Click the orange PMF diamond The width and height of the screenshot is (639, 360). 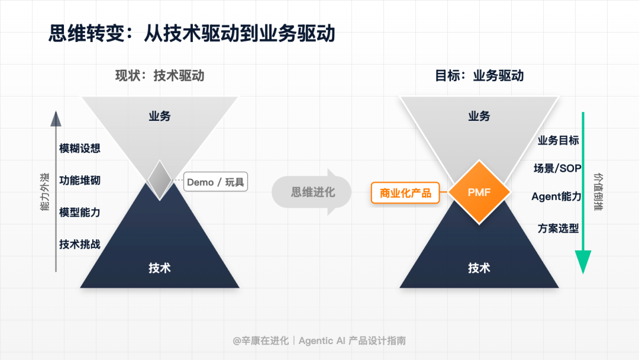point(479,192)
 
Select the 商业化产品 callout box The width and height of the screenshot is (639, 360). point(405,193)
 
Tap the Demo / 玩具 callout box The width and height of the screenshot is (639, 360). point(215,182)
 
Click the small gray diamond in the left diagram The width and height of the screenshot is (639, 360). point(159,180)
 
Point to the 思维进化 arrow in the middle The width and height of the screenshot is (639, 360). point(312,192)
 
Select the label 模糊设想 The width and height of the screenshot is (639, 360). point(80,148)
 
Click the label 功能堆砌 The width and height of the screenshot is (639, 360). point(80,180)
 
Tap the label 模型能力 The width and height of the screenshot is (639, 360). point(80,212)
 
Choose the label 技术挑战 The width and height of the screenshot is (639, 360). point(80,244)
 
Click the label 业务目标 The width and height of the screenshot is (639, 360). point(558,140)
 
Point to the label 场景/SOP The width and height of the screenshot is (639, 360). point(557,168)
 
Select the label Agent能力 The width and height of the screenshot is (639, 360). point(556,197)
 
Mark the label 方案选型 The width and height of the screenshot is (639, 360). point(558,228)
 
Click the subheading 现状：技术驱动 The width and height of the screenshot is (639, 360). point(160,76)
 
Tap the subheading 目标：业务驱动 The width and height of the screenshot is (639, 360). point(479,76)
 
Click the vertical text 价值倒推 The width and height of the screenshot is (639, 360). point(598,192)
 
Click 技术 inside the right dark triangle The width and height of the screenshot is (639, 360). point(479,268)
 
